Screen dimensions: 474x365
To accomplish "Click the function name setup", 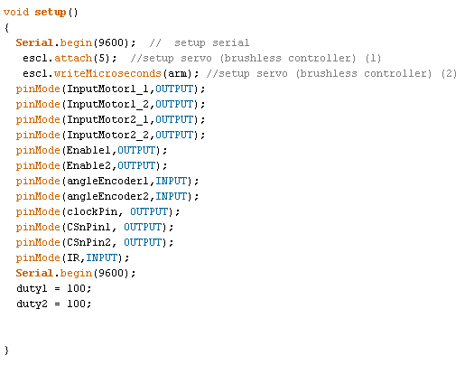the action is tap(51, 13).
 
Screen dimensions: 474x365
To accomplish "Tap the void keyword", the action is tap(16, 12).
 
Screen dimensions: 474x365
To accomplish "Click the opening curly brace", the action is tap(6, 28).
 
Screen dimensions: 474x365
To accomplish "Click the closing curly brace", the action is tap(6, 351).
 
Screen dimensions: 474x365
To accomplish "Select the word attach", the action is tap(73, 58).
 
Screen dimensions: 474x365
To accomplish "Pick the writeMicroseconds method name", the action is tap(107, 73).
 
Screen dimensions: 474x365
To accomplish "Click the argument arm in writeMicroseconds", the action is tap(178, 73).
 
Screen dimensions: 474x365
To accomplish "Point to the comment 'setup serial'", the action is tap(212, 42).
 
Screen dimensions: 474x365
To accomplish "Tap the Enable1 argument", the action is tap(88, 150).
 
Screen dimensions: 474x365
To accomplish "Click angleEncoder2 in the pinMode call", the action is tap(107, 197).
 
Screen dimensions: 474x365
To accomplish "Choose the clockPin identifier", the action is tap(92, 211).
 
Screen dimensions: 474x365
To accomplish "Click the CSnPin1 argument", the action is tap(88, 227).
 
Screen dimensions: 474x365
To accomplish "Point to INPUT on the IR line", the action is tap(101, 257).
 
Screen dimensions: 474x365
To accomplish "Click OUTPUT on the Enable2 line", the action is tap(136, 165).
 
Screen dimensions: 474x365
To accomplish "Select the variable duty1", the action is tap(32, 288).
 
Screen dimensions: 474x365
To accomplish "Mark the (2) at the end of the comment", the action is tap(449, 73).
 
